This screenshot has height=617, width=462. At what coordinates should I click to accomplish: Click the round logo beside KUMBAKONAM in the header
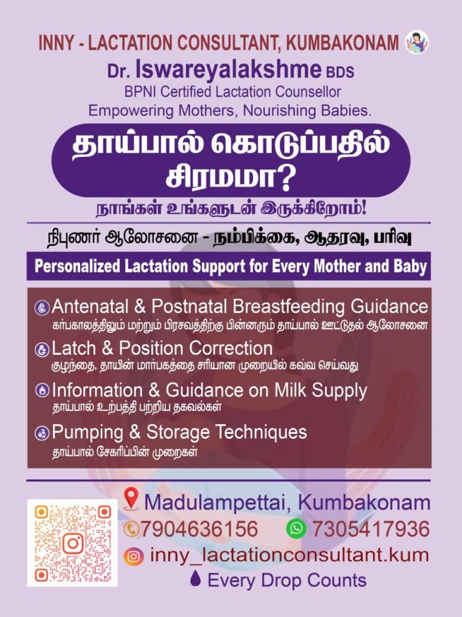417,42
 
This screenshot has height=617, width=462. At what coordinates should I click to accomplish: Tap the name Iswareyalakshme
228,69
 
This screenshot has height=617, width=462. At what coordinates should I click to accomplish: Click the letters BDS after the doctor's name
340,72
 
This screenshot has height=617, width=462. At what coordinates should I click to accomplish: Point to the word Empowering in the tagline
131,111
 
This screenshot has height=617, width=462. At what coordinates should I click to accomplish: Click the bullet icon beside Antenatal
42,308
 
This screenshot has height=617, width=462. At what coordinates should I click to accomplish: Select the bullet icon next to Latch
42,349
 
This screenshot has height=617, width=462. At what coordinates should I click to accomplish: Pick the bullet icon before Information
42,390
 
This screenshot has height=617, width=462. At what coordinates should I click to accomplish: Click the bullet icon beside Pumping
42,433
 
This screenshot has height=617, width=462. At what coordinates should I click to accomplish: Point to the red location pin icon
131,498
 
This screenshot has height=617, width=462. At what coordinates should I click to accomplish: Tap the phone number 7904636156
199,529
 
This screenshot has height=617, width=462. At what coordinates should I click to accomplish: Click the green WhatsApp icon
296,528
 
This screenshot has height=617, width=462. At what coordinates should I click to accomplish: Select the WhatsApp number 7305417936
370,529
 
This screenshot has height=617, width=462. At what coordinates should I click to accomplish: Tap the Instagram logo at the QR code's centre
72,543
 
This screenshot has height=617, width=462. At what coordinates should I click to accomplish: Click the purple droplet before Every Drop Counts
195,578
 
